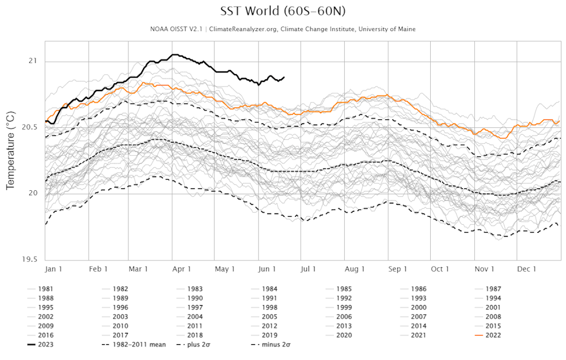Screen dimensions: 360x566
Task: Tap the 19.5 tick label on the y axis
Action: [30, 259]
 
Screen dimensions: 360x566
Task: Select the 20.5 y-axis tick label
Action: [30, 127]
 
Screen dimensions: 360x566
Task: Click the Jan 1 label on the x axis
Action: [53, 269]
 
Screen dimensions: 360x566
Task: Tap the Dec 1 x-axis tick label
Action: [526, 269]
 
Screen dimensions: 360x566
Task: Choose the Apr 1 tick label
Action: [182, 269]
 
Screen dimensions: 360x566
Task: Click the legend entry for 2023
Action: [46, 344]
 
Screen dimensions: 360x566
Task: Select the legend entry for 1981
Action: [46, 289]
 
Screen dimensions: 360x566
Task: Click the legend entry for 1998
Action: [269, 307]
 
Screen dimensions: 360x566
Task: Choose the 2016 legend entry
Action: [46, 335]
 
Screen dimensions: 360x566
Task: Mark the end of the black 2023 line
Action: [284, 77]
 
